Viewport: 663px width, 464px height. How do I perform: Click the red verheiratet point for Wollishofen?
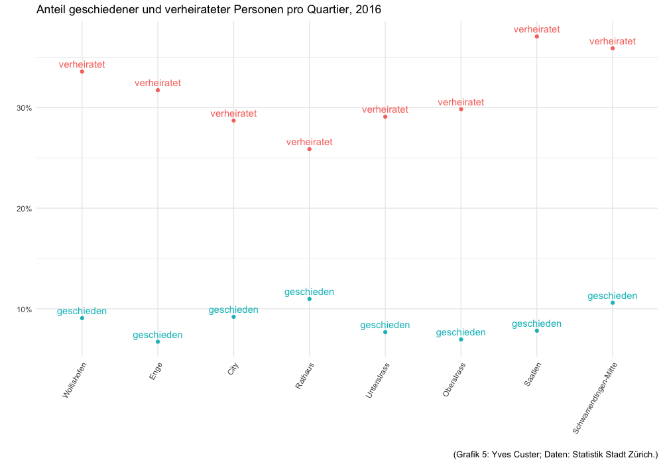click(82, 72)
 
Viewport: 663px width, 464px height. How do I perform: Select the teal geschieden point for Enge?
click(158, 342)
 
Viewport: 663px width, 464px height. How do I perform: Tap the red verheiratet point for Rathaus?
click(310, 149)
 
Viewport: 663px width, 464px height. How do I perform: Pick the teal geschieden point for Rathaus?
click(310, 299)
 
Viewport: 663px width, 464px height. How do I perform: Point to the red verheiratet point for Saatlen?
click(537, 36)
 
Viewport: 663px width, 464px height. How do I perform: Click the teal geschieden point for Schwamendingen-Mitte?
click(613, 303)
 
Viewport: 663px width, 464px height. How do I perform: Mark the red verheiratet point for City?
click(233, 121)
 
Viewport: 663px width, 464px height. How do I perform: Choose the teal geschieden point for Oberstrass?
click(461, 339)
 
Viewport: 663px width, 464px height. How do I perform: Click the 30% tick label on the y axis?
click(24, 108)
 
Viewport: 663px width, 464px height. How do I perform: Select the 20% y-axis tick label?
click(24, 209)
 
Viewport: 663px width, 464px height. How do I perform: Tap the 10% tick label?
click(24, 310)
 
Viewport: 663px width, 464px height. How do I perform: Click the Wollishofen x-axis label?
click(74, 380)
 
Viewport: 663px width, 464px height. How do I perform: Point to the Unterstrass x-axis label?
click(377, 380)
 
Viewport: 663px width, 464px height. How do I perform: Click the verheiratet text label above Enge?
click(158, 84)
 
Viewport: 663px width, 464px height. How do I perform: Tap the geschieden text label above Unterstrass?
click(385, 325)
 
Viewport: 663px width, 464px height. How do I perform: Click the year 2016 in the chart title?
click(367, 11)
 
